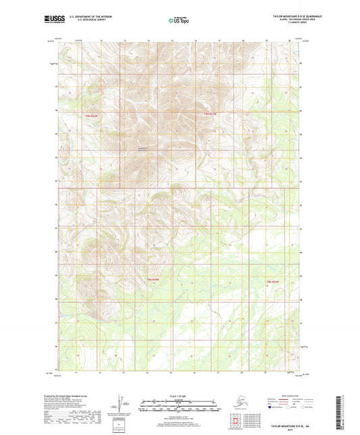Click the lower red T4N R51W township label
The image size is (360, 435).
tap(153, 278)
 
